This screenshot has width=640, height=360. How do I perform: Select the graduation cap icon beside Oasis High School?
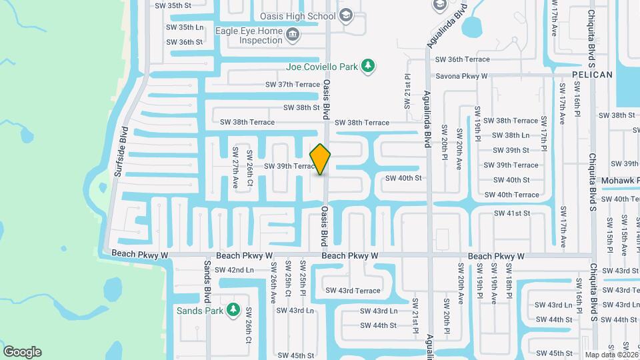click(x=346, y=15)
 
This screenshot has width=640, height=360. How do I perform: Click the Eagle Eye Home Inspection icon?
click(x=292, y=35)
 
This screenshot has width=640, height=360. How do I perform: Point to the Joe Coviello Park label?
click(x=321, y=66)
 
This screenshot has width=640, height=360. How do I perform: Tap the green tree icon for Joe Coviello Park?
click(x=367, y=65)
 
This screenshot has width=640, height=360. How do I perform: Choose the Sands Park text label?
click(x=199, y=311)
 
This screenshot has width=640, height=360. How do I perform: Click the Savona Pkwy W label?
click(x=461, y=77)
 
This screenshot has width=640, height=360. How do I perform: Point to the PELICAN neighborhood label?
click(x=591, y=75)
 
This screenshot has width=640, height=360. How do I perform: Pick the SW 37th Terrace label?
click(x=293, y=85)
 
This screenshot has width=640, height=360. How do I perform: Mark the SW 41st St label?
click(x=512, y=213)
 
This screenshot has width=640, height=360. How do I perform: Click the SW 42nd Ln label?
click(x=232, y=270)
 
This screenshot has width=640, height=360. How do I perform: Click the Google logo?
click(x=22, y=352)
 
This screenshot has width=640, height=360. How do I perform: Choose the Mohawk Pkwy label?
click(x=621, y=180)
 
